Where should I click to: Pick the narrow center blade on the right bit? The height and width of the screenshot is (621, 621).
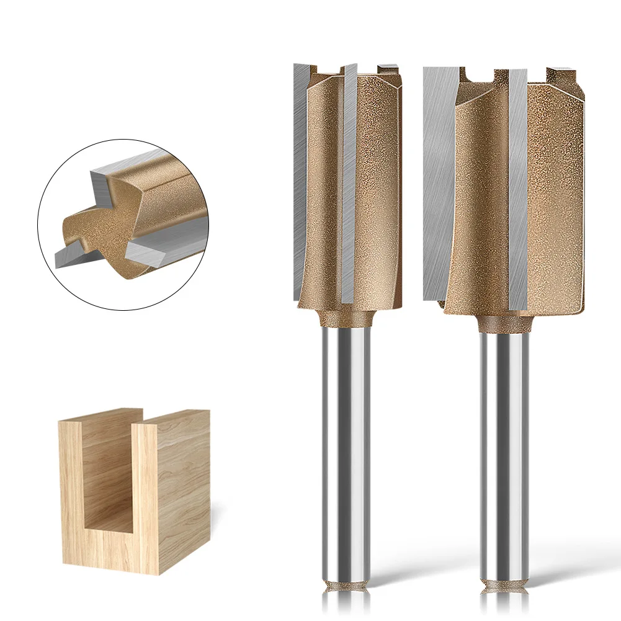tap(517, 186)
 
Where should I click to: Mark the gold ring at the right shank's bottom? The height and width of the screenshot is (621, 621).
tap(504, 584)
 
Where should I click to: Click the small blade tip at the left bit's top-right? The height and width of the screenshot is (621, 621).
tap(389, 66)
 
